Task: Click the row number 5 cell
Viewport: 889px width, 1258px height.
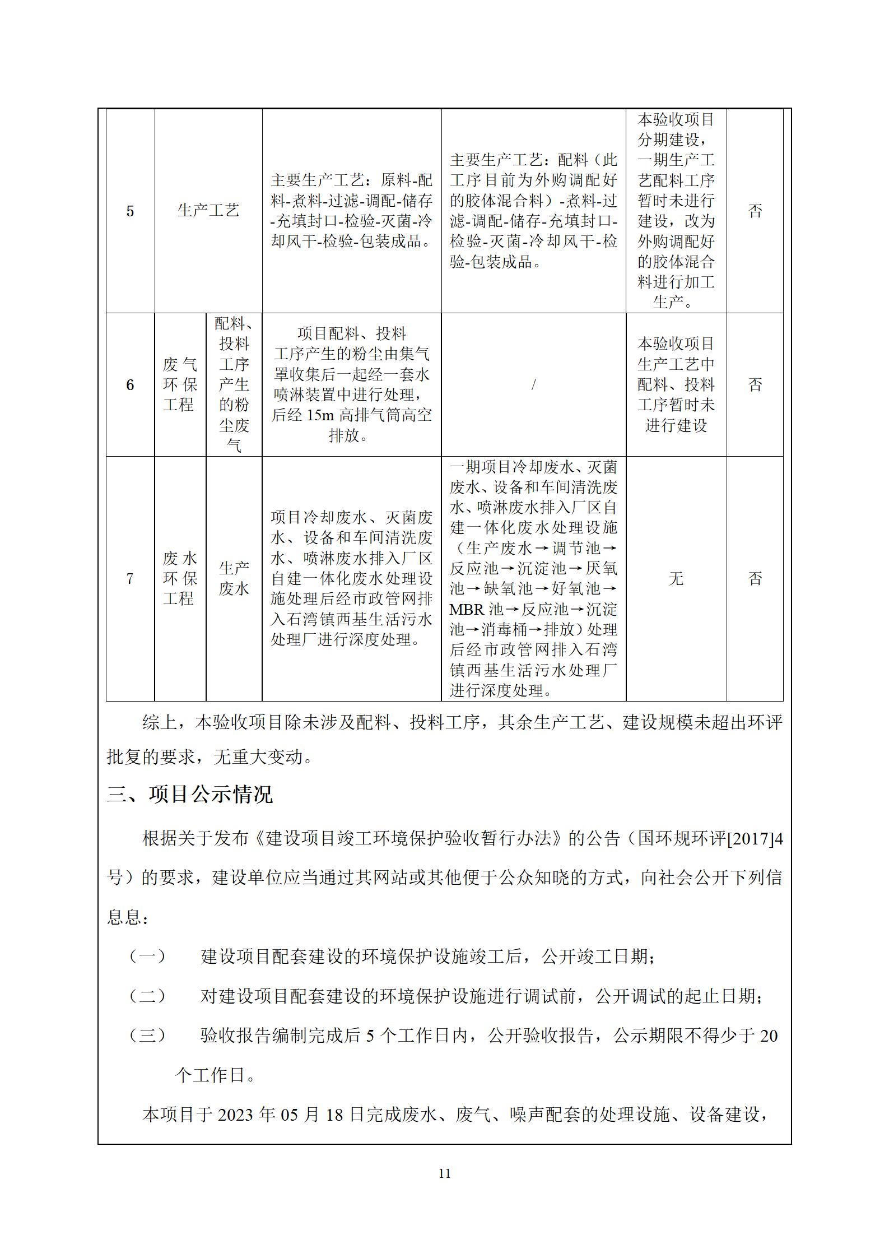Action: pos(130,211)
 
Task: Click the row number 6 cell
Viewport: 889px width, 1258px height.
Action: pos(130,385)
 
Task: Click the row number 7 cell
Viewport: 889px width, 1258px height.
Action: pos(130,579)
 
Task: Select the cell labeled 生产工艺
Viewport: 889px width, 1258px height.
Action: pos(208,211)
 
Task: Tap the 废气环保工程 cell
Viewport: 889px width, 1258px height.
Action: pos(180,385)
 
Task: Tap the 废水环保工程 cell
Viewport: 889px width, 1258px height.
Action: pos(180,579)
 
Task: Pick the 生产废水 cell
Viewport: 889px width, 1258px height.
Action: pos(234,579)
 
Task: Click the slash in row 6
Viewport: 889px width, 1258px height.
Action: pos(533,384)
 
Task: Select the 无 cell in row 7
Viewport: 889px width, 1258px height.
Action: pos(676,579)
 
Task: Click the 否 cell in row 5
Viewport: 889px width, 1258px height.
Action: pos(755,211)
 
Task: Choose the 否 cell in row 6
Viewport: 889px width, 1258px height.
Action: pos(755,385)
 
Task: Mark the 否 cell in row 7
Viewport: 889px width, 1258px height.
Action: pos(755,579)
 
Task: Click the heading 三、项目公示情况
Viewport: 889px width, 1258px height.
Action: pos(190,795)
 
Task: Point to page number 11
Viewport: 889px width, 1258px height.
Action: pos(444,1173)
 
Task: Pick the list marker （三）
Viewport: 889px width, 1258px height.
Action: pos(147,1036)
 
